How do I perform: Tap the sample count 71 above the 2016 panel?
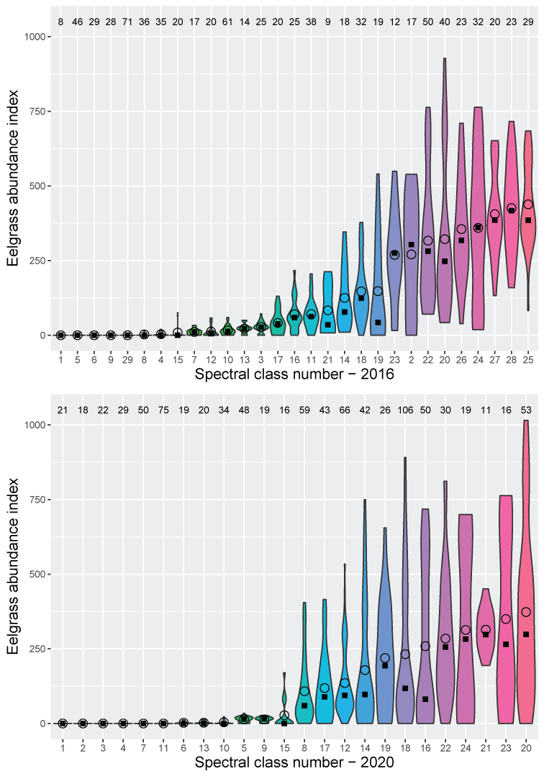coord(127,22)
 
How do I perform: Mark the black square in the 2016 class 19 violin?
coord(378,322)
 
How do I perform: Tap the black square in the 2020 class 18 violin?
coord(405,688)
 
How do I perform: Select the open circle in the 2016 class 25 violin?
coord(528,204)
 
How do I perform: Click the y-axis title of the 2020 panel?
coord(14,573)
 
